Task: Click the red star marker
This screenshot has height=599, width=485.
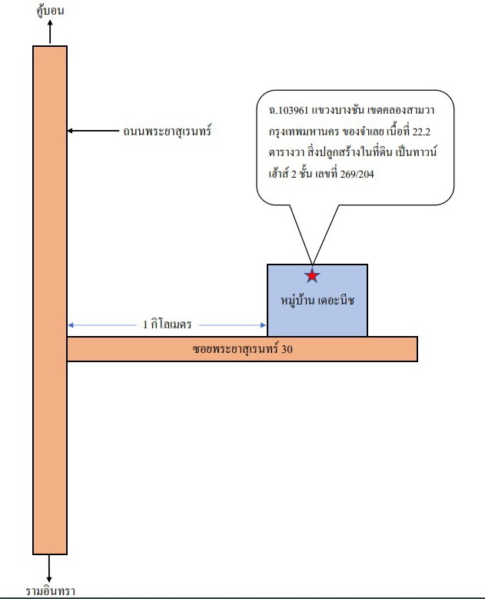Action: (312, 275)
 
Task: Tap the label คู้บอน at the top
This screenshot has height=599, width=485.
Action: (50, 10)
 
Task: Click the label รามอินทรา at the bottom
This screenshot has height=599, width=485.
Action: (51, 591)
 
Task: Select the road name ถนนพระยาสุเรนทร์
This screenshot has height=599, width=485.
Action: (168, 131)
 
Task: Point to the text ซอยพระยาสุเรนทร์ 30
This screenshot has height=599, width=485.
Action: (243, 349)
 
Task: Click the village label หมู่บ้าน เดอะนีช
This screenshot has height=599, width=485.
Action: (317, 300)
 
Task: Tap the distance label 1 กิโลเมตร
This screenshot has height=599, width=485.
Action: (168, 324)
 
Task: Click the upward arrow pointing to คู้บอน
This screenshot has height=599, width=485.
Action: (50, 32)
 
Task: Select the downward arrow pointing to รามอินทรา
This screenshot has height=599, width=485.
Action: (49, 568)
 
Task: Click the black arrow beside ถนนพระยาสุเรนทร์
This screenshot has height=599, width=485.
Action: (93, 131)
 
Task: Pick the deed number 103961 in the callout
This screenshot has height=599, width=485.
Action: (293, 111)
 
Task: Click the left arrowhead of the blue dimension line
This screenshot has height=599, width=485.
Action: (71, 325)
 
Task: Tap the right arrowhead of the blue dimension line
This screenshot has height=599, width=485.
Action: (263, 325)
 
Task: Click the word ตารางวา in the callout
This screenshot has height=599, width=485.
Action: (286, 153)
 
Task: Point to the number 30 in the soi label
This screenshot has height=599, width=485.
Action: (287, 349)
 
